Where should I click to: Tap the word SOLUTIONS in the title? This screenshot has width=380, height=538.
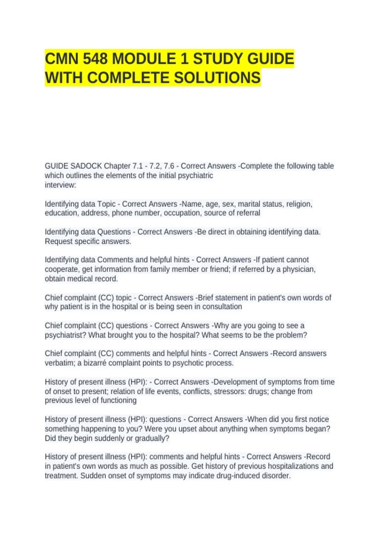coord(217,78)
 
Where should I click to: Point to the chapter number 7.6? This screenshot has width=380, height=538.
coord(169,166)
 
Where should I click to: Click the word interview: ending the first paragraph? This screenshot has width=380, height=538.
coord(60,185)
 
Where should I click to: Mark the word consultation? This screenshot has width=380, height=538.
coord(222,307)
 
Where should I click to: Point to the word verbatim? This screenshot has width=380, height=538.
coord(60,363)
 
